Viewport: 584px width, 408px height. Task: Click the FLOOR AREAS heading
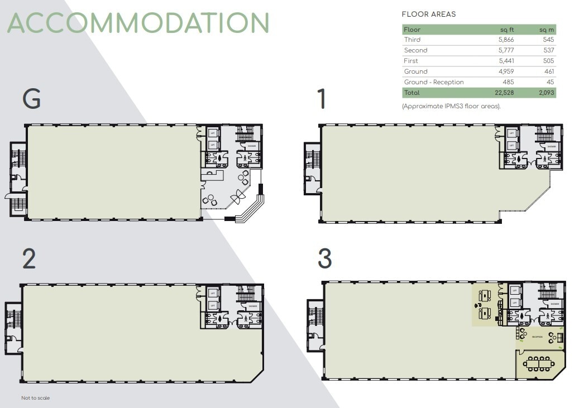coord(428,15)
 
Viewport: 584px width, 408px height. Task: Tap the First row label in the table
coord(411,61)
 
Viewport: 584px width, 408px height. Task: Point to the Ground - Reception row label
coord(434,82)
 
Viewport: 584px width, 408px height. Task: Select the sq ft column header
coord(506,30)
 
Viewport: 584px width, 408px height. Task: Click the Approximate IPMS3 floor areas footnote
coord(451,106)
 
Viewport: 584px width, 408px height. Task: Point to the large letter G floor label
coord(31,99)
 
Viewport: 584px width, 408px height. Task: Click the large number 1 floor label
coord(322,99)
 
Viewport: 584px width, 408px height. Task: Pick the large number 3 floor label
coord(324,259)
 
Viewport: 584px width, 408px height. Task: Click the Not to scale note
coord(35,398)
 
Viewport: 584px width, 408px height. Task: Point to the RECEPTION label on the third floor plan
coord(537,337)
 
